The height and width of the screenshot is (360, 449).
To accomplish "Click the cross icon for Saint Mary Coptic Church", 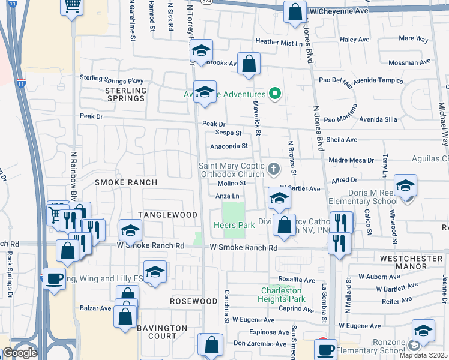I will coord(274,169).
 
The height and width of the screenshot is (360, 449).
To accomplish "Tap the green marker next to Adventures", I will coord(275,94).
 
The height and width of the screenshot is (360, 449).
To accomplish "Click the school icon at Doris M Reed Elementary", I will coord(406,187).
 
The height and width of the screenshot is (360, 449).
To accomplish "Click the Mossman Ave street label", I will coord(409,62).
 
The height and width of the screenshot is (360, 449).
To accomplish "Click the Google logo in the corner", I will coord(20,353).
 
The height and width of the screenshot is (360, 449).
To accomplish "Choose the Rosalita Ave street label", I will coord(296,280).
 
